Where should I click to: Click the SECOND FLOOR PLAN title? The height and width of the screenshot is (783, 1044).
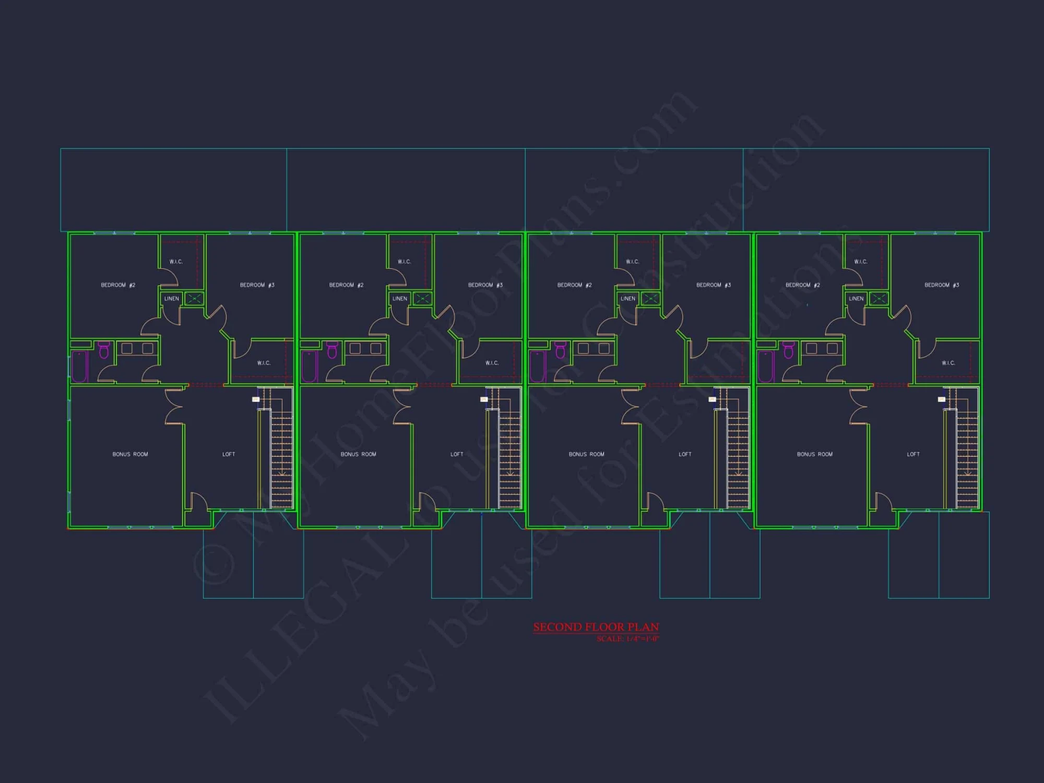(x=596, y=627)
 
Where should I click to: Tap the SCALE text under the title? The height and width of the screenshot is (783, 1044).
(x=627, y=639)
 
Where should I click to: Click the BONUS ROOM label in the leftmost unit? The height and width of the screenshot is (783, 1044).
(x=130, y=454)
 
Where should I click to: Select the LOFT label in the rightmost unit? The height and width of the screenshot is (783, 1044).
(x=913, y=454)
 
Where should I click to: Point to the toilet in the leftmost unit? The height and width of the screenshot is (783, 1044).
(x=104, y=350)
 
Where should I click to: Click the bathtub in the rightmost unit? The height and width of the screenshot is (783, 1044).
(x=765, y=366)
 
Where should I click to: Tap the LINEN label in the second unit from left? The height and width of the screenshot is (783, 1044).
(x=400, y=299)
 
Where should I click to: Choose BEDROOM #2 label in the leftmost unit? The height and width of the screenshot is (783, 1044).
(x=118, y=285)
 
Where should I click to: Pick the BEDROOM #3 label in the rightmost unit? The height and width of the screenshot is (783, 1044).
(x=941, y=285)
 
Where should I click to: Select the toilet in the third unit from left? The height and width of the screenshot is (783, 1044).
(x=560, y=350)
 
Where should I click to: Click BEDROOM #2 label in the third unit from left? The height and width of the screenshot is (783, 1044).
(x=574, y=285)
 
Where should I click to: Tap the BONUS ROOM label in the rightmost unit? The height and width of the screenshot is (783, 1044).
(x=814, y=454)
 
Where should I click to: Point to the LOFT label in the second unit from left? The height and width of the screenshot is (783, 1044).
(x=457, y=454)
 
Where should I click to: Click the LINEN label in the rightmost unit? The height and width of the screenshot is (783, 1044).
(x=856, y=299)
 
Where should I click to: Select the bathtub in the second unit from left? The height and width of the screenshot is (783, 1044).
(x=309, y=366)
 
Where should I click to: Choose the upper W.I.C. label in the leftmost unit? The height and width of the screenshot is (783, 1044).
(x=176, y=262)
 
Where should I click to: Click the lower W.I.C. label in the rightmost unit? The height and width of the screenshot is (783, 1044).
(x=948, y=363)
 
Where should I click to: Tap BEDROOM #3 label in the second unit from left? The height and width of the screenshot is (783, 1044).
(x=485, y=285)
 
